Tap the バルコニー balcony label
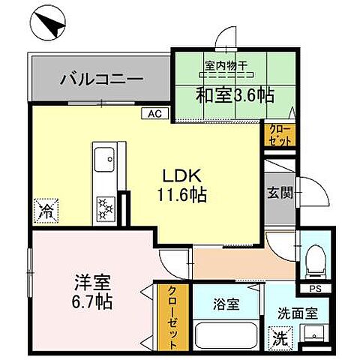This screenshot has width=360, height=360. (102, 78)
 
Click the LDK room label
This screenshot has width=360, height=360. (182, 177)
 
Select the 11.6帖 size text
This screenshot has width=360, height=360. (182, 195)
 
